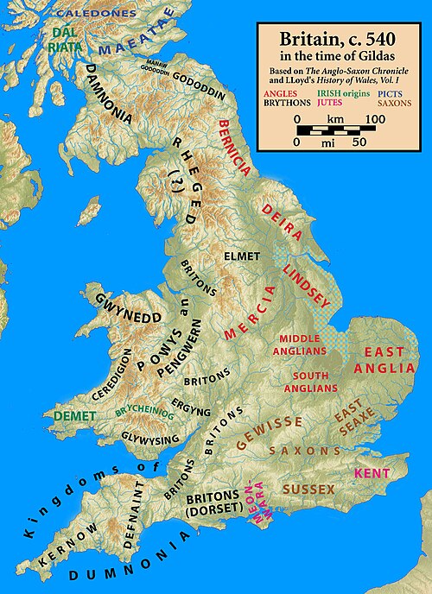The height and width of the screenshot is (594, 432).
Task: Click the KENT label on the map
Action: coord(372,474)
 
